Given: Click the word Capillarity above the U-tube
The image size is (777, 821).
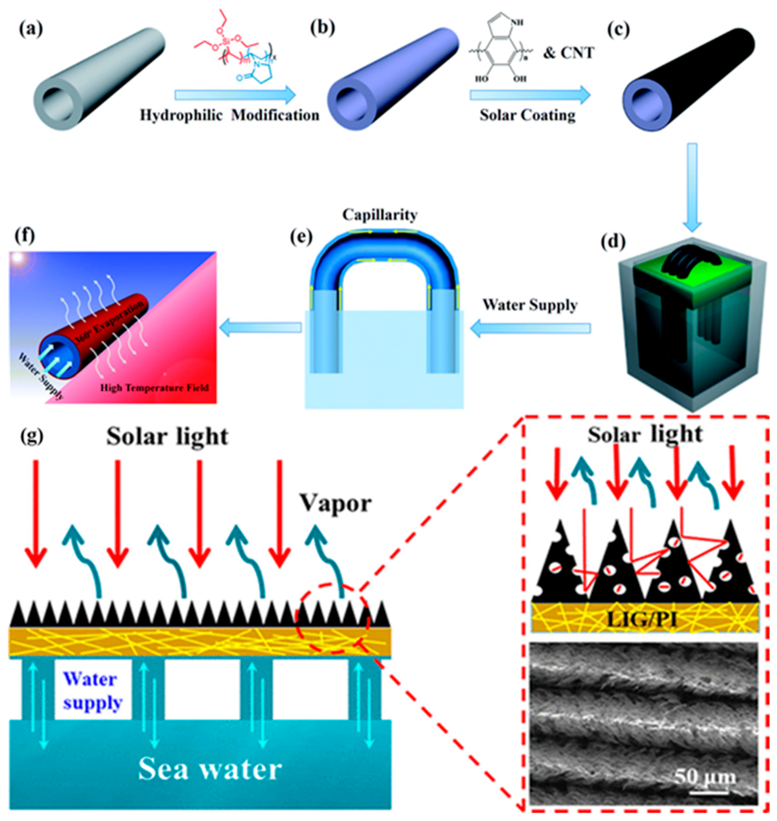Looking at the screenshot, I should point(379,215).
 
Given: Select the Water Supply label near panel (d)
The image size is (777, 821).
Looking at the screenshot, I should point(530,305).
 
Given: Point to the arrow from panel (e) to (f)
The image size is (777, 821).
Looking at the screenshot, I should point(260,328).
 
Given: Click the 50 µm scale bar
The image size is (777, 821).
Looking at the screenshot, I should point(709,792).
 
